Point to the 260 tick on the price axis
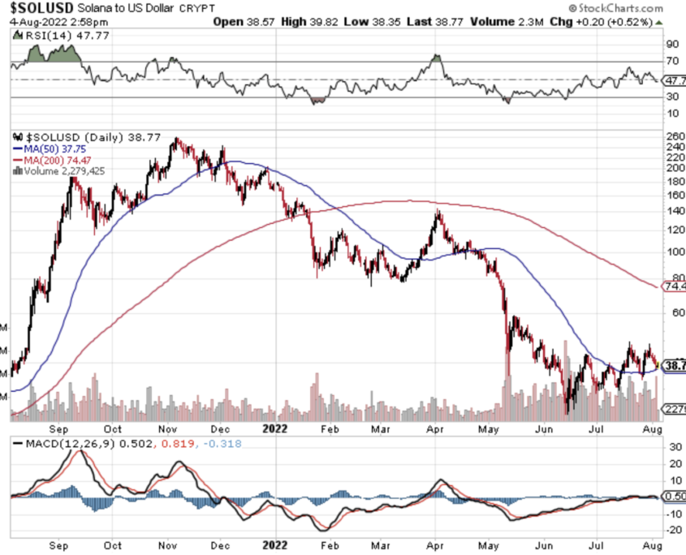pyautogui.click(x=674, y=136)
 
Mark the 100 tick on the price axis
pyautogui.click(x=674, y=252)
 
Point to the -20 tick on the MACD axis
pyautogui.click(x=673, y=530)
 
